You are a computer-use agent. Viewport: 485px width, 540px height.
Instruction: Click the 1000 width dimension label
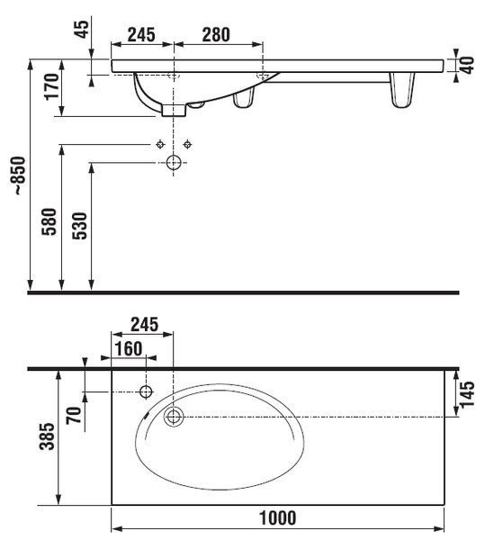(277, 518)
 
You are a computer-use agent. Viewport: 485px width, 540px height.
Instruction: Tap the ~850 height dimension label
(20, 175)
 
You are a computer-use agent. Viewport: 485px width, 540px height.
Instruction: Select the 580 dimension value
(49, 221)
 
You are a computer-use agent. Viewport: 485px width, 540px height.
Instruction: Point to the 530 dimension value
(79, 226)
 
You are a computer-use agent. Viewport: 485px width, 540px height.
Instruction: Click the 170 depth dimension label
(51, 86)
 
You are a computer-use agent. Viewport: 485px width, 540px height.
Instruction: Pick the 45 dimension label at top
(82, 30)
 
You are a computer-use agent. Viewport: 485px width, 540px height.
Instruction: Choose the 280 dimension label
(216, 35)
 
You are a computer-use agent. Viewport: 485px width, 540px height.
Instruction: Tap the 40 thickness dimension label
(467, 66)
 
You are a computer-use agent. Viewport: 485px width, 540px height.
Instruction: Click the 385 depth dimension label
(47, 436)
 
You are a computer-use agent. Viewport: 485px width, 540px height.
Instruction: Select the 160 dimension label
(128, 348)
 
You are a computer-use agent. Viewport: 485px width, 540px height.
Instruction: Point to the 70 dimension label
(74, 415)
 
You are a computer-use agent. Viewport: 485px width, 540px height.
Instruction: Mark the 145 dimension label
(467, 395)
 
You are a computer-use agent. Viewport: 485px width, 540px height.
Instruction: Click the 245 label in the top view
(141, 35)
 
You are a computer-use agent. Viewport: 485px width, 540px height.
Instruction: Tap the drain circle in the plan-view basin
(174, 417)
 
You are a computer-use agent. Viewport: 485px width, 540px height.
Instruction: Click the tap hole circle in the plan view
(146, 391)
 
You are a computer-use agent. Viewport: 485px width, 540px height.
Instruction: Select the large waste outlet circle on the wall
(174, 162)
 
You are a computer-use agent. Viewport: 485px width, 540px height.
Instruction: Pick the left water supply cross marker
(160, 144)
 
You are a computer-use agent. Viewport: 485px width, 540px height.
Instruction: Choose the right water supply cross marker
(187, 144)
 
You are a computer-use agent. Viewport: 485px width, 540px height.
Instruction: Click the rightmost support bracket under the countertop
(402, 90)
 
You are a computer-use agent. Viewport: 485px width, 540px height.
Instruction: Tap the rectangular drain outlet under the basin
(174, 110)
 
